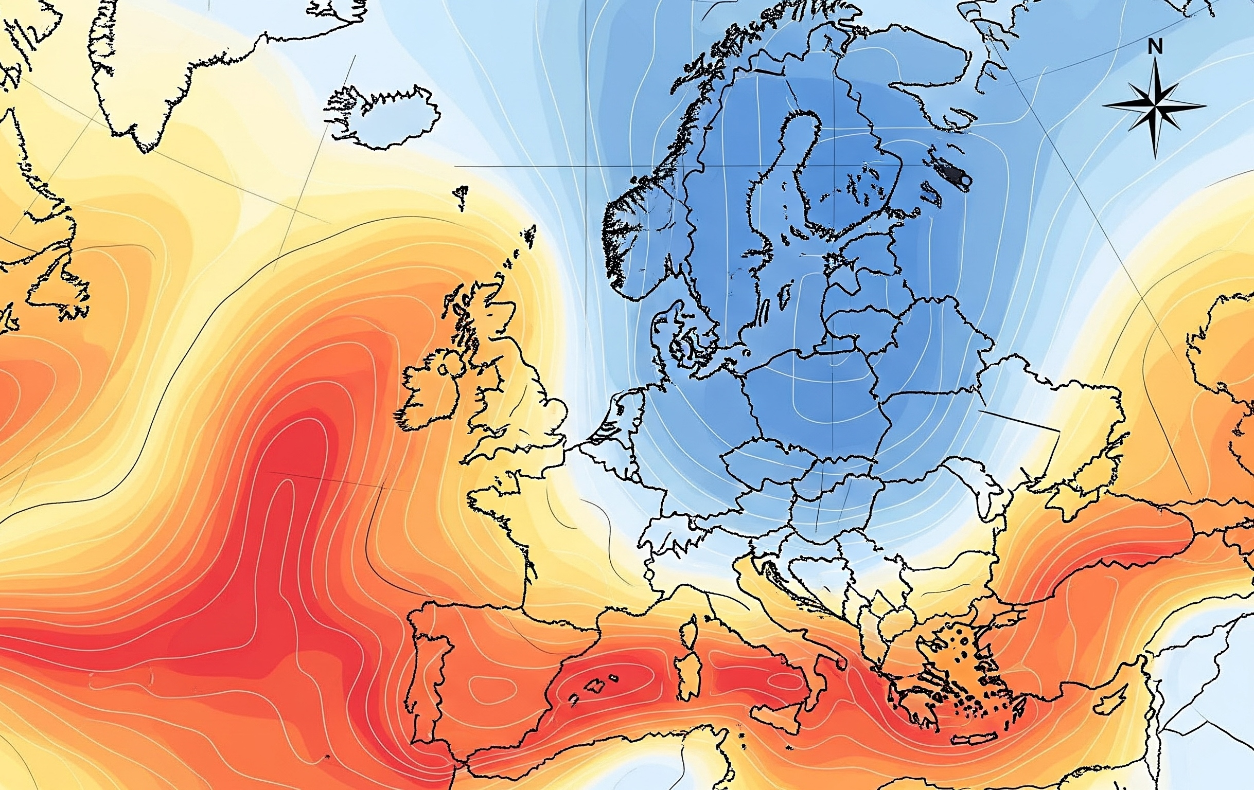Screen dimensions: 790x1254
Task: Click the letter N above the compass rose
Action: click(1155, 48)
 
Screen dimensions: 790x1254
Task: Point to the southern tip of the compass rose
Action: click(1155, 155)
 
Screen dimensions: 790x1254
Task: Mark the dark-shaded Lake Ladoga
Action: click(956, 174)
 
